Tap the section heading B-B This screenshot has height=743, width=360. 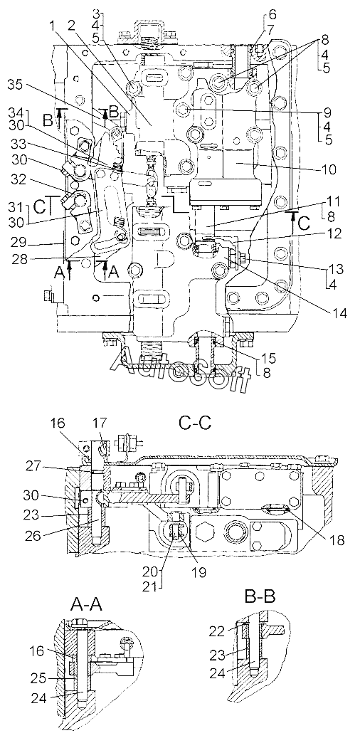(x=260, y=594)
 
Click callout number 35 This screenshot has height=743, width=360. (x=18, y=85)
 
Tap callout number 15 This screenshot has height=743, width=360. (x=272, y=357)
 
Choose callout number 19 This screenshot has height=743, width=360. (x=198, y=571)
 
